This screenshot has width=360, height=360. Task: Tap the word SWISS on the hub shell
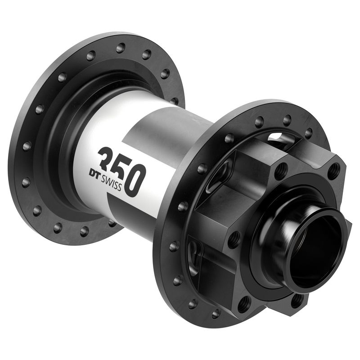(x=110, y=181)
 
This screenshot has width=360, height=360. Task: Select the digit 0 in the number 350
(x=135, y=180)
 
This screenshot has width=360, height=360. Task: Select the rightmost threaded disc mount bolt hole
(x=333, y=171)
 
